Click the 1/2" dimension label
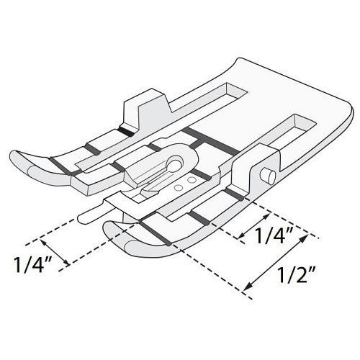296,275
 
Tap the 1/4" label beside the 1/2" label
274,235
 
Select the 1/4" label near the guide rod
32,264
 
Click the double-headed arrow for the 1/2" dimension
275,262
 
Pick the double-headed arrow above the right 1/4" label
254,225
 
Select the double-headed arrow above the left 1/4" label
55,252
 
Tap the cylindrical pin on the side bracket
268,176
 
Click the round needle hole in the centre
175,163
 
